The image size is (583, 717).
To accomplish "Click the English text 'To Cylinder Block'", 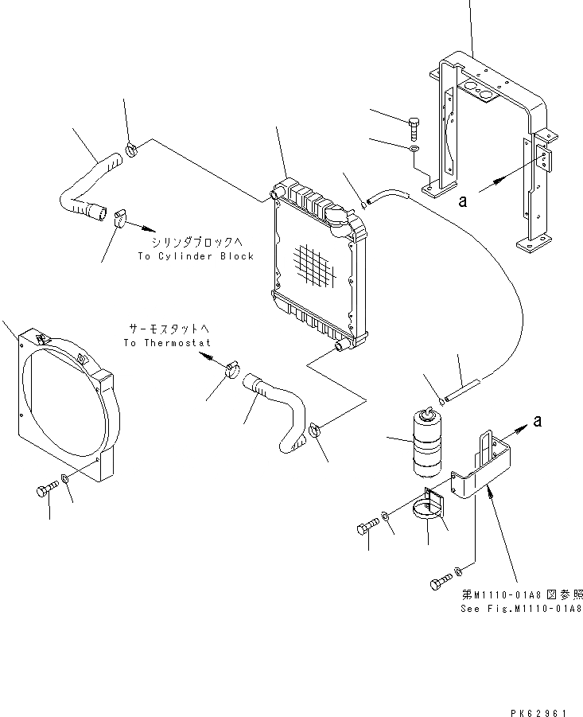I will [x=195, y=256].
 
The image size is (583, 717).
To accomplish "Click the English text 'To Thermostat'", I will [x=167, y=343].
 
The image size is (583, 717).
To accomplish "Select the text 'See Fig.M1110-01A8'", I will [x=522, y=608].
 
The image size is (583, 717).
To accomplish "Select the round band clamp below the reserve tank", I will [x=431, y=509].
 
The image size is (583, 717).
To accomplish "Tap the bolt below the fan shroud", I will [x=46, y=489].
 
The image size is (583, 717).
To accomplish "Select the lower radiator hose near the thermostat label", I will [x=278, y=406].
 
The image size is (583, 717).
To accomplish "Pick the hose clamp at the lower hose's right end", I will [x=315, y=431].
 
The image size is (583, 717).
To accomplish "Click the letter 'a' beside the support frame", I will [x=463, y=201].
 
